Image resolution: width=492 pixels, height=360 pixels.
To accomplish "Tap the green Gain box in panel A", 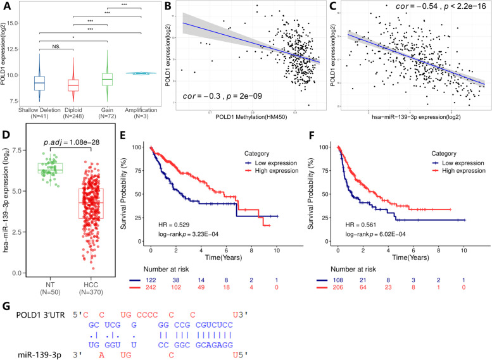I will (107, 78).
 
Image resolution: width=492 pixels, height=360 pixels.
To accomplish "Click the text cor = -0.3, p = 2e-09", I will (221, 97).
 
